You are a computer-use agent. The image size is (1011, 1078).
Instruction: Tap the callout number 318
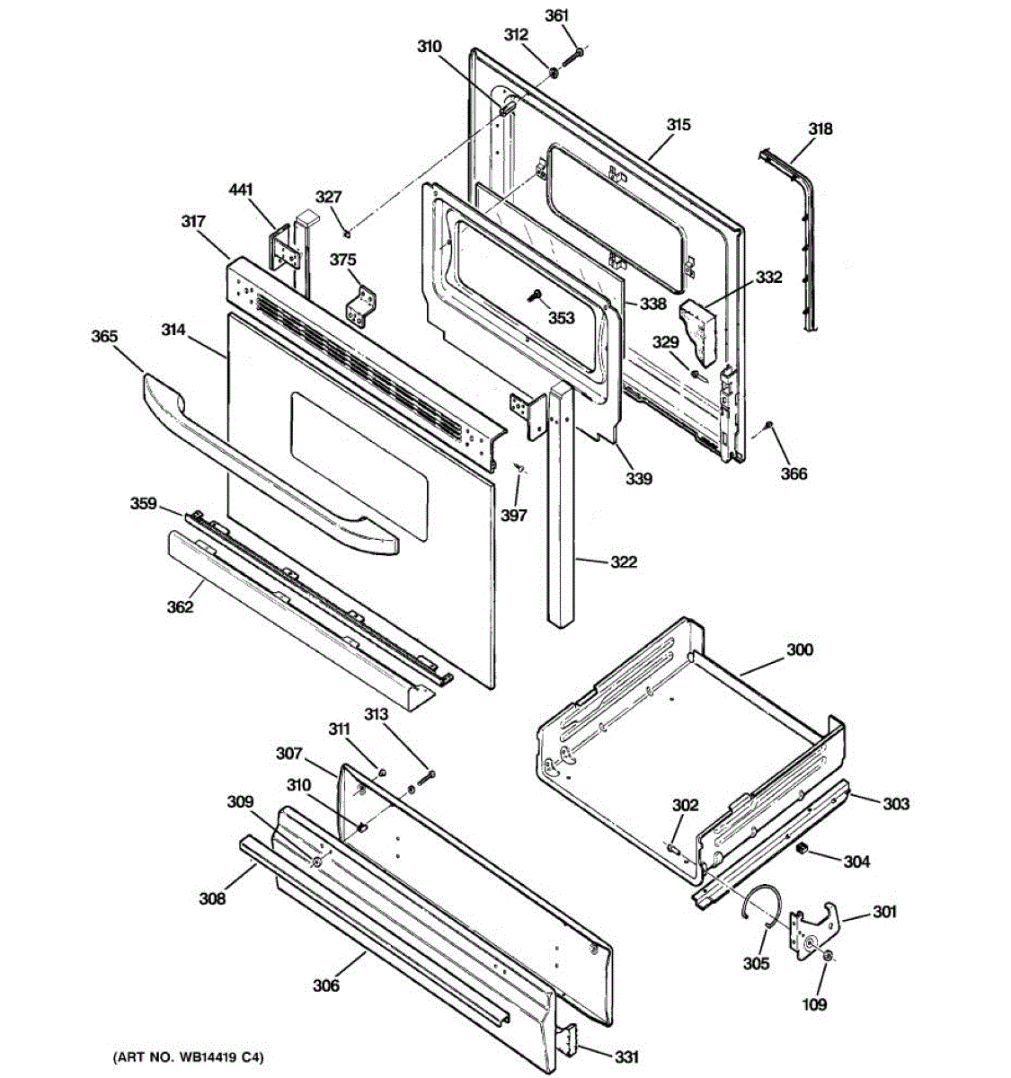[x=820, y=128]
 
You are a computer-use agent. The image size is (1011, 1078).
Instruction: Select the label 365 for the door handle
[x=104, y=337]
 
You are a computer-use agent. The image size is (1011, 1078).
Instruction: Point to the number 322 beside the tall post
[x=623, y=562]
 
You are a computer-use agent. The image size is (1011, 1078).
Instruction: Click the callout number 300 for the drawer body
[x=800, y=649]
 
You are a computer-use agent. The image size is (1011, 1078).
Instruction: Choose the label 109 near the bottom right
[x=814, y=1004]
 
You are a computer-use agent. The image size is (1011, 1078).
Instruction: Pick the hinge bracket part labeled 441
[x=284, y=251]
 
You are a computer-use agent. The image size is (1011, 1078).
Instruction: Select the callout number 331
[x=625, y=1057]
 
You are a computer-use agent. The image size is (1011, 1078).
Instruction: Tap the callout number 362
[x=180, y=607]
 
